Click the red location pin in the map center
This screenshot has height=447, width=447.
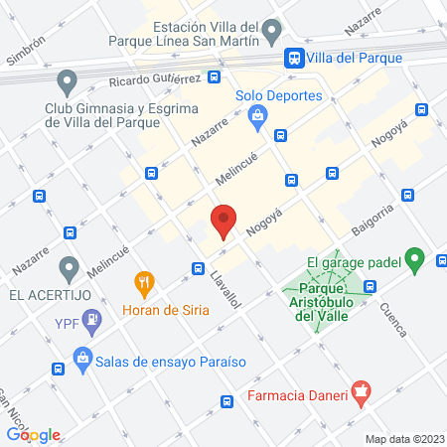[x=223, y=221]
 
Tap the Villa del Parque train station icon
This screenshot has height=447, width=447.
[x=294, y=59]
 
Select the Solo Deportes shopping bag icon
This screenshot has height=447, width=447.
[x=258, y=117]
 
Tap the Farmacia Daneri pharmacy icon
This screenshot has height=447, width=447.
[x=363, y=396]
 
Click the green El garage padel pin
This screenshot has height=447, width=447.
[x=416, y=262]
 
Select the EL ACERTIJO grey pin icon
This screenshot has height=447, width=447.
[x=68, y=267]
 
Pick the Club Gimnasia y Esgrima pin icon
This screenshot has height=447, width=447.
[x=68, y=79]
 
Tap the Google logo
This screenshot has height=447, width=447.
[x=34, y=434]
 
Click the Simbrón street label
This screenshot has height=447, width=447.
[x=26, y=52]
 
